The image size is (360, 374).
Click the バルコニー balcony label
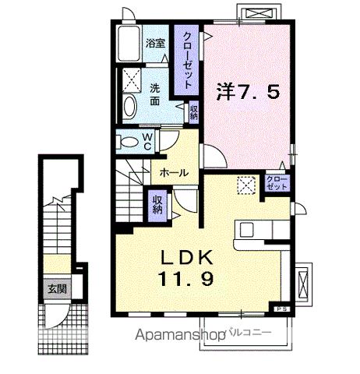[x=249, y=333]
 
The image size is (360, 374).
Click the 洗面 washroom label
[x=155, y=93]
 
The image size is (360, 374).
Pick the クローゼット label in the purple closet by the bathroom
[x=188, y=58]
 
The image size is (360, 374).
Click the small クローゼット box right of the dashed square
[x=276, y=185]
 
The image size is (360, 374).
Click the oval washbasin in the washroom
[x=130, y=107]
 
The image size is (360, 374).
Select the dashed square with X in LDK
[x=246, y=185]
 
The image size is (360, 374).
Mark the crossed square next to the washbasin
[x=131, y=79]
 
